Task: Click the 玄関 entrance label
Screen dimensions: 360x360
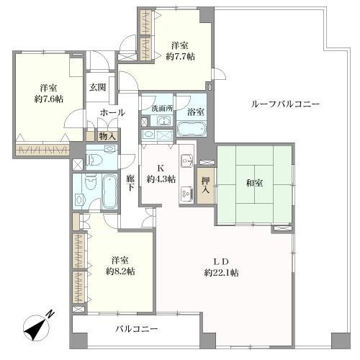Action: [98, 87]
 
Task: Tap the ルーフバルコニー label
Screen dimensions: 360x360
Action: [285, 104]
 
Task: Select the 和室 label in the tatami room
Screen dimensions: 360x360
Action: [254, 183]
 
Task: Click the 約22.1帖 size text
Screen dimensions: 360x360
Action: [221, 273]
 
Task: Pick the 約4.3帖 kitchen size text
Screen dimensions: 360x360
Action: [161, 179]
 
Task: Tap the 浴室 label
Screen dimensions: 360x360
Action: [196, 112]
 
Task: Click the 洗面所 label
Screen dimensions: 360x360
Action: [162, 109]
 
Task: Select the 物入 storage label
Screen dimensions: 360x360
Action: [107, 136]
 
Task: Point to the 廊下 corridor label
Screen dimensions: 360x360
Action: [130, 183]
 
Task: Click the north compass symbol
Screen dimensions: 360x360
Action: [36, 328]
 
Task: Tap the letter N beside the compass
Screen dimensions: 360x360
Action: [50, 315]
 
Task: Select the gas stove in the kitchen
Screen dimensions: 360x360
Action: [187, 193]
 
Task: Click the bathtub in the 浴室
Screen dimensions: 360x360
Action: [192, 128]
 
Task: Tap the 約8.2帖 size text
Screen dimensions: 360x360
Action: [121, 271]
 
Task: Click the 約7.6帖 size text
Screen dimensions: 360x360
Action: [49, 99]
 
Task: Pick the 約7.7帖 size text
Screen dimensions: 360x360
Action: [181, 57]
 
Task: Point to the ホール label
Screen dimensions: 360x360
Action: [112, 112]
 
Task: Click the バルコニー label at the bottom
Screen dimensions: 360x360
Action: [137, 329]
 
